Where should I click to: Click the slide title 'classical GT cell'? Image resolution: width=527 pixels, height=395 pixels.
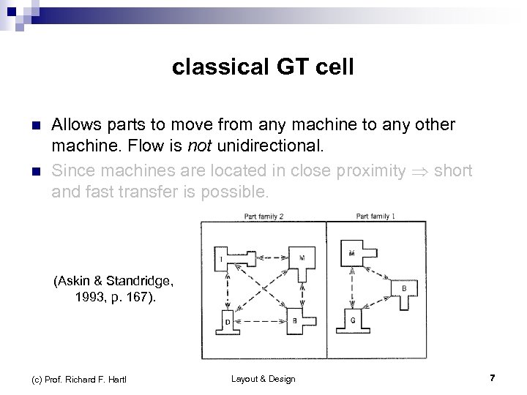[x=263, y=68]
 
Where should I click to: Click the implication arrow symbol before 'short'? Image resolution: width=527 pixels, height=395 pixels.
[x=420, y=171]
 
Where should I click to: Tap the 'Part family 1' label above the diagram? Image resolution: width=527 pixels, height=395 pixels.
[x=376, y=216]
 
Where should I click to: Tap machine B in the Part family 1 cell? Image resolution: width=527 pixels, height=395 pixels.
[x=404, y=290]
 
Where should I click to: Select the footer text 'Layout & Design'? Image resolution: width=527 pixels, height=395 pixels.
[x=263, y=378]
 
